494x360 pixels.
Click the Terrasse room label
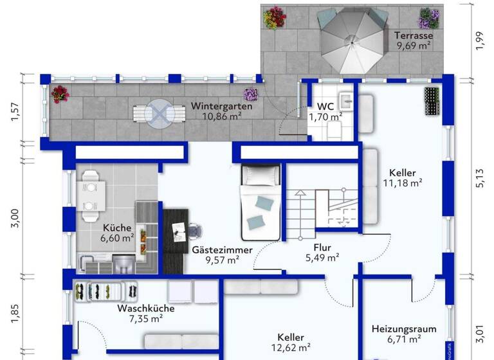coord(414,36)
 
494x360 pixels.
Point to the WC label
coord(325,106)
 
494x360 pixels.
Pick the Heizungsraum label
coord(404,328)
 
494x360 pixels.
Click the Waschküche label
coord(145,308)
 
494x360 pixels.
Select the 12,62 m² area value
coord(291,348)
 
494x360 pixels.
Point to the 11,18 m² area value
coord(402,183)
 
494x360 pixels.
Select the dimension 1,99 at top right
coord(480,40)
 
